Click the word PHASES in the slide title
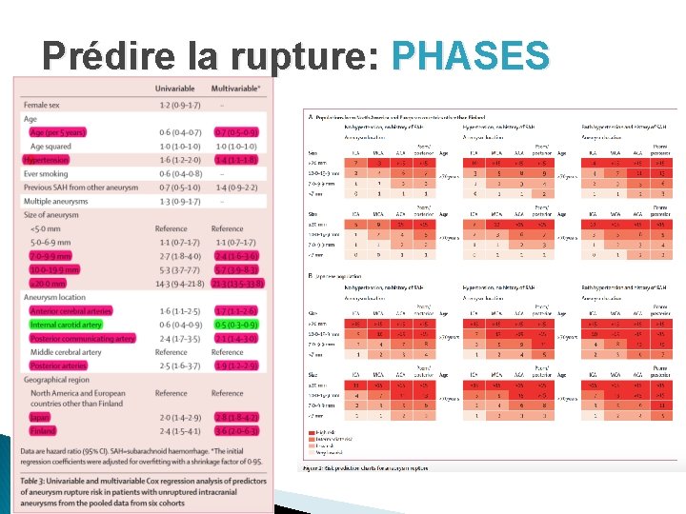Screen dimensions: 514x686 471,55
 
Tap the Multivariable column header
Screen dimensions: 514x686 234,89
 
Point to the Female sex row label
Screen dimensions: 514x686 48,104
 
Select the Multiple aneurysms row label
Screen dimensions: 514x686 63,201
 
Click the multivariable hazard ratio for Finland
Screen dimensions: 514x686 234,432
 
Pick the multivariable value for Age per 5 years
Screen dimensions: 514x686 234,132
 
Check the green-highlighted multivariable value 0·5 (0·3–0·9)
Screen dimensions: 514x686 234,325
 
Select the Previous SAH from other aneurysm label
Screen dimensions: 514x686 84,188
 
